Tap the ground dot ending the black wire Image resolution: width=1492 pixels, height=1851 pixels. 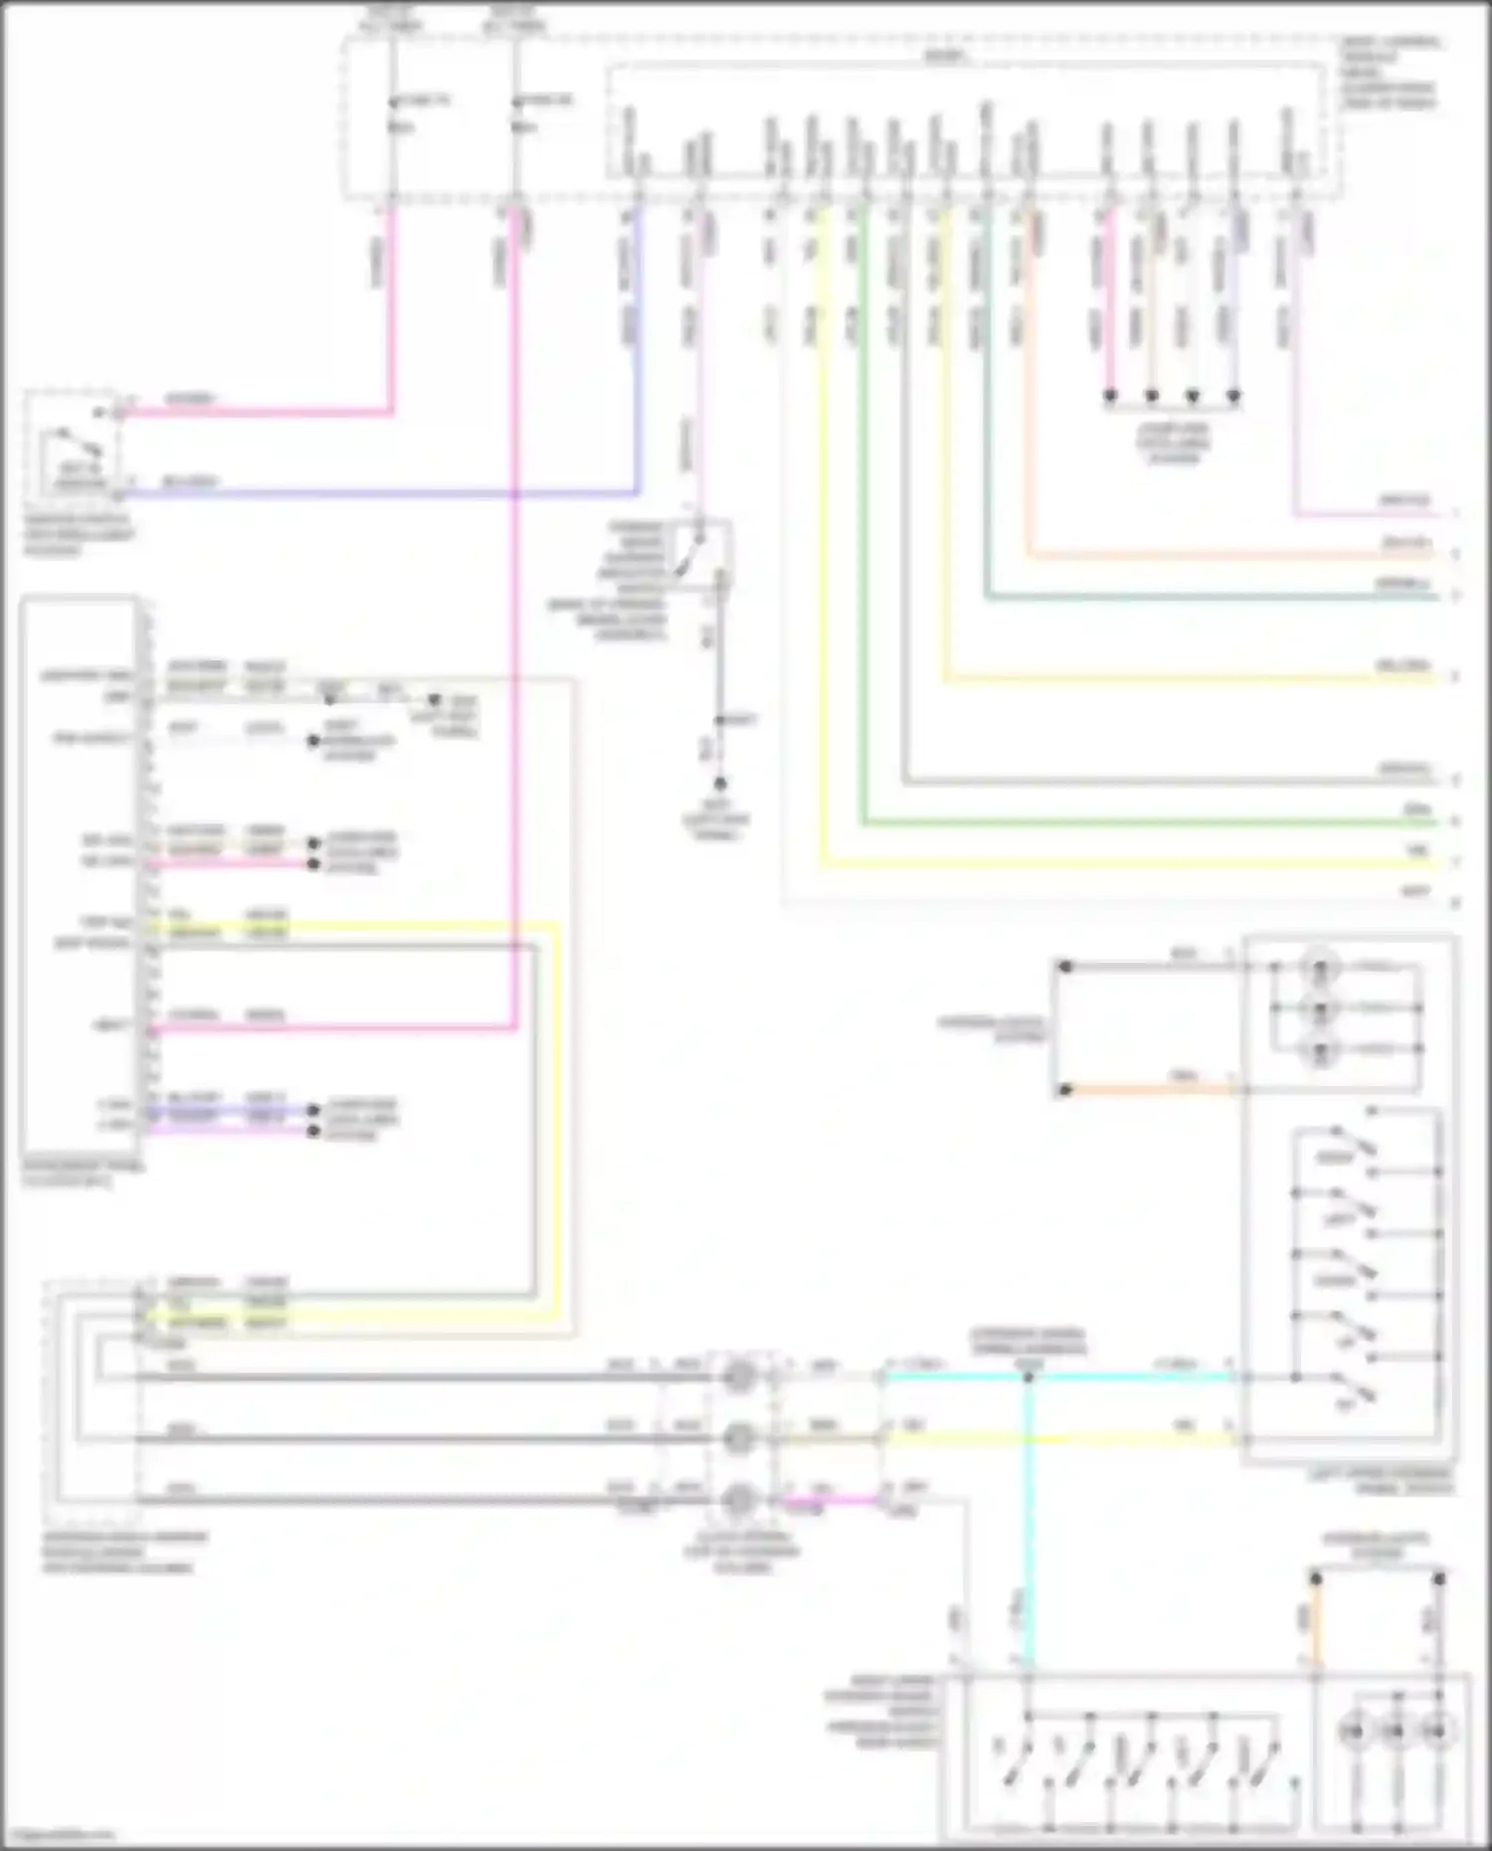click(719, 784)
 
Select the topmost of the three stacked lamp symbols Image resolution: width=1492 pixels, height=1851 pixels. click(1320, 966)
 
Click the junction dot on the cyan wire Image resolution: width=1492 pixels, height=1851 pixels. click(1028, 1378)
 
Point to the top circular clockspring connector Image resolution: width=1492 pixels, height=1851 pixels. click(739, 1378)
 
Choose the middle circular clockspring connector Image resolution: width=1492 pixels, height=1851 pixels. click(739, 1438)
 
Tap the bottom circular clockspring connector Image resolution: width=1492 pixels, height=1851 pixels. click(739, 1499)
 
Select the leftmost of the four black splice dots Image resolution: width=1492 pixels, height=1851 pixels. click(1110, 396)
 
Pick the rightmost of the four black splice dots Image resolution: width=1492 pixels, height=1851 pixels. click(1233, 396)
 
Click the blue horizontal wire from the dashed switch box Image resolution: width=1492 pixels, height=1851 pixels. click(378, 492)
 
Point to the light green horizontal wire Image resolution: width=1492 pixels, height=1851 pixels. click(1144, 824)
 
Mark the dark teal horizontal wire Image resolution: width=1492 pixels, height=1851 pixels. click(1194, 598)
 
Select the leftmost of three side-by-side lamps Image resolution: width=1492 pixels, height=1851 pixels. click(1354, 1732)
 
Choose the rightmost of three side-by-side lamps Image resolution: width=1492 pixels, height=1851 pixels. click(1436, 1732)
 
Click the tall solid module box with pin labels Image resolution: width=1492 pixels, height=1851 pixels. click(80, 875)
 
